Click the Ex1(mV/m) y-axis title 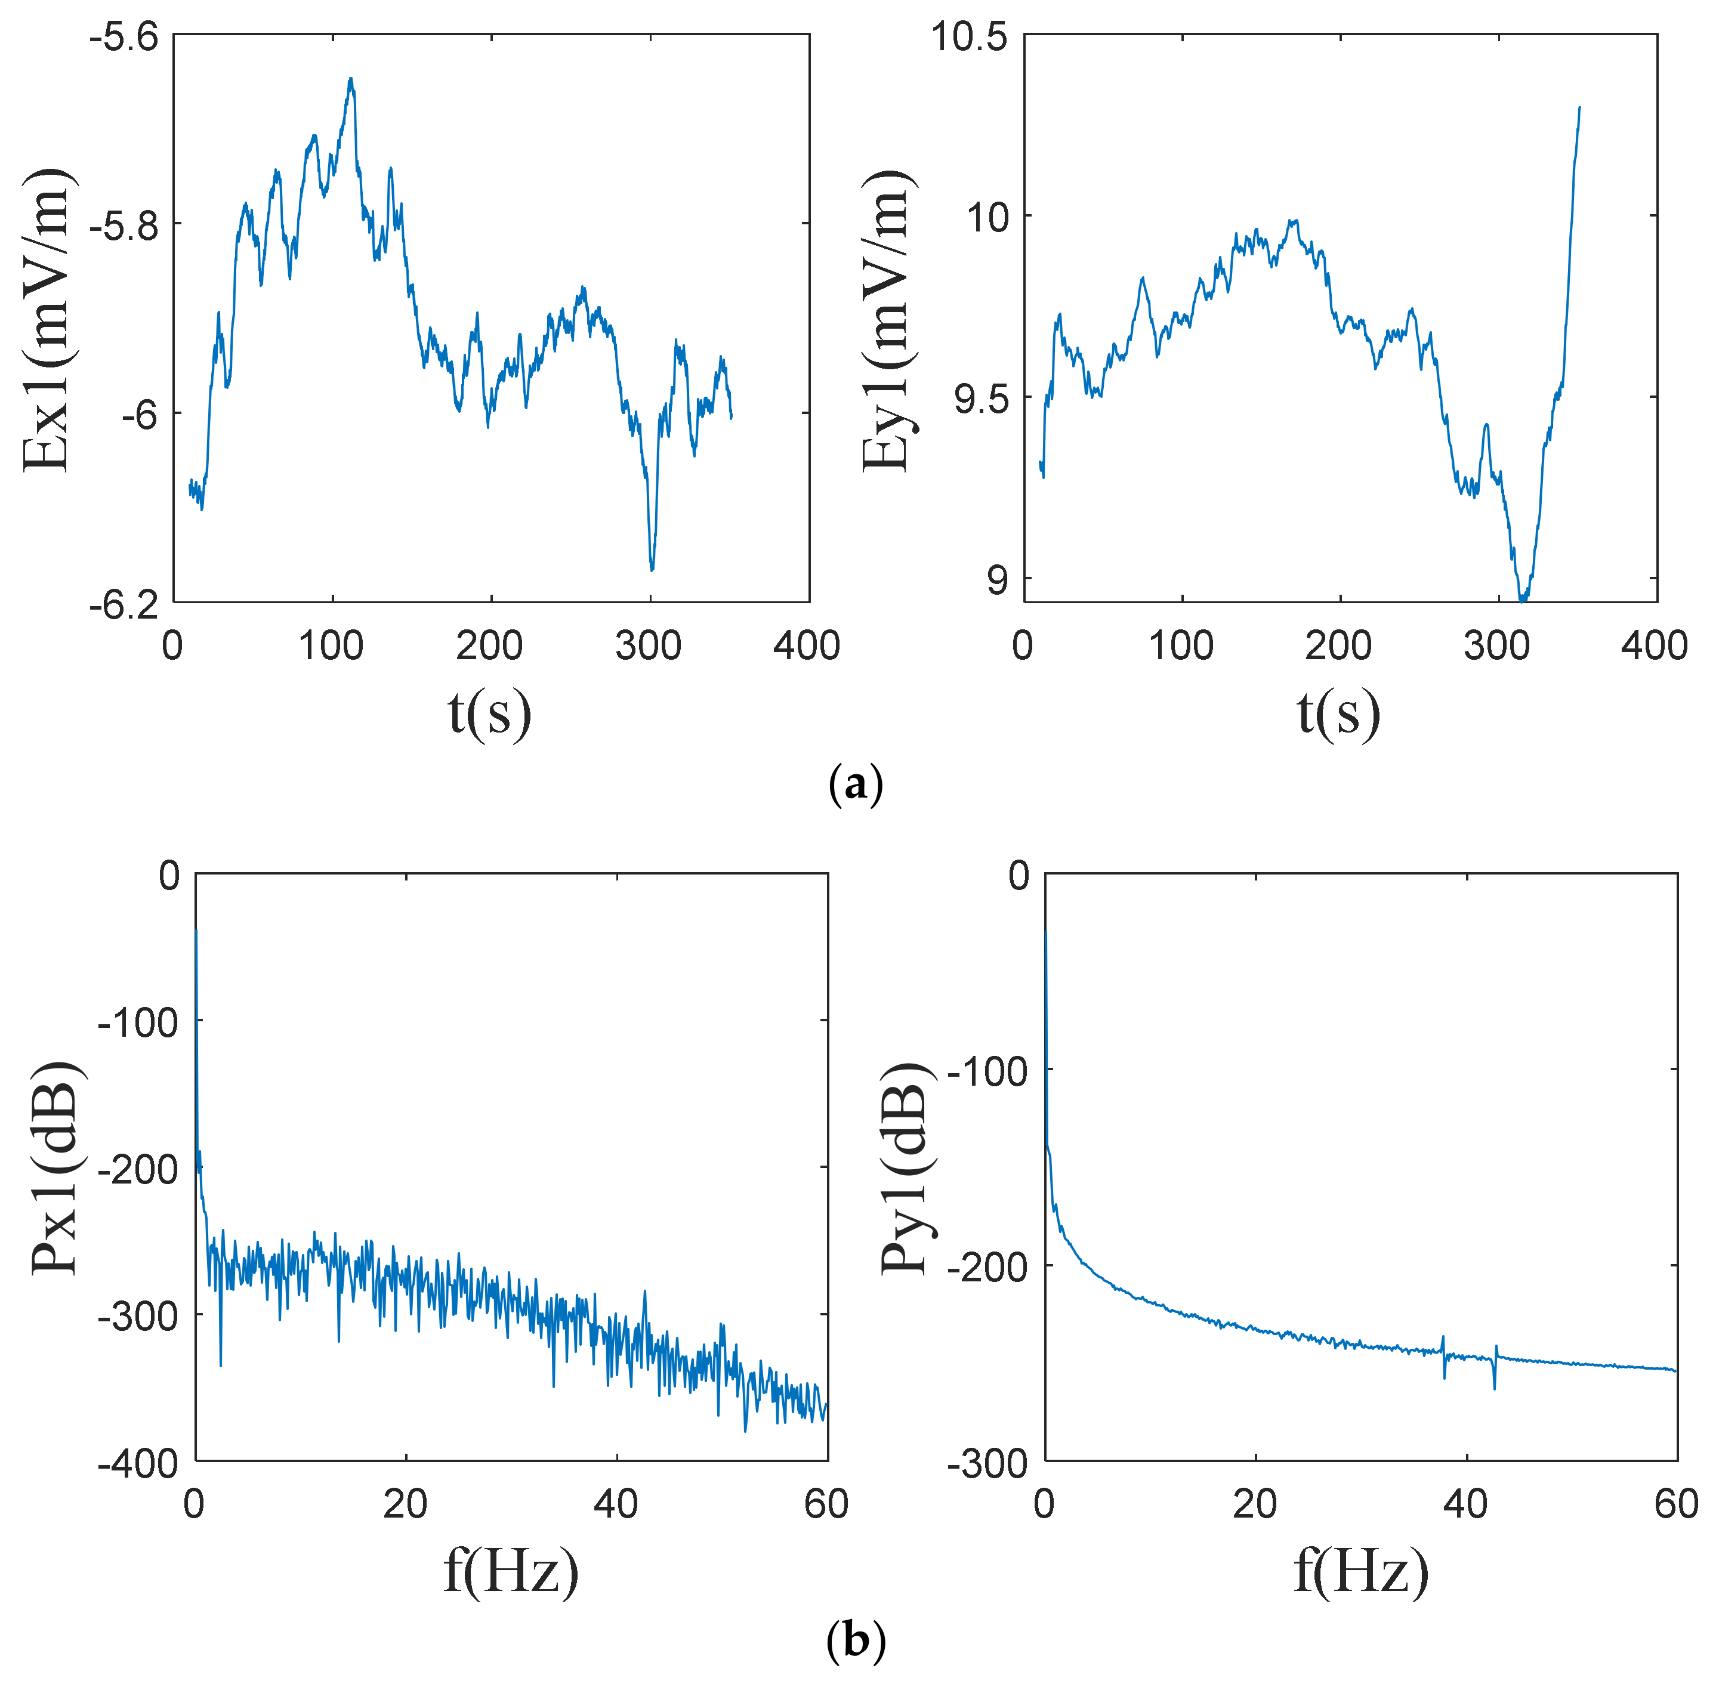46,319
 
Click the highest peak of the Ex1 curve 351,79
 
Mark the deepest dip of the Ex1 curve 652,569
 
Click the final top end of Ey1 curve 1579,108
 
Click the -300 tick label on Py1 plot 987,1464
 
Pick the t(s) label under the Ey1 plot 1338,713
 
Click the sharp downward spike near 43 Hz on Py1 1494,1388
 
